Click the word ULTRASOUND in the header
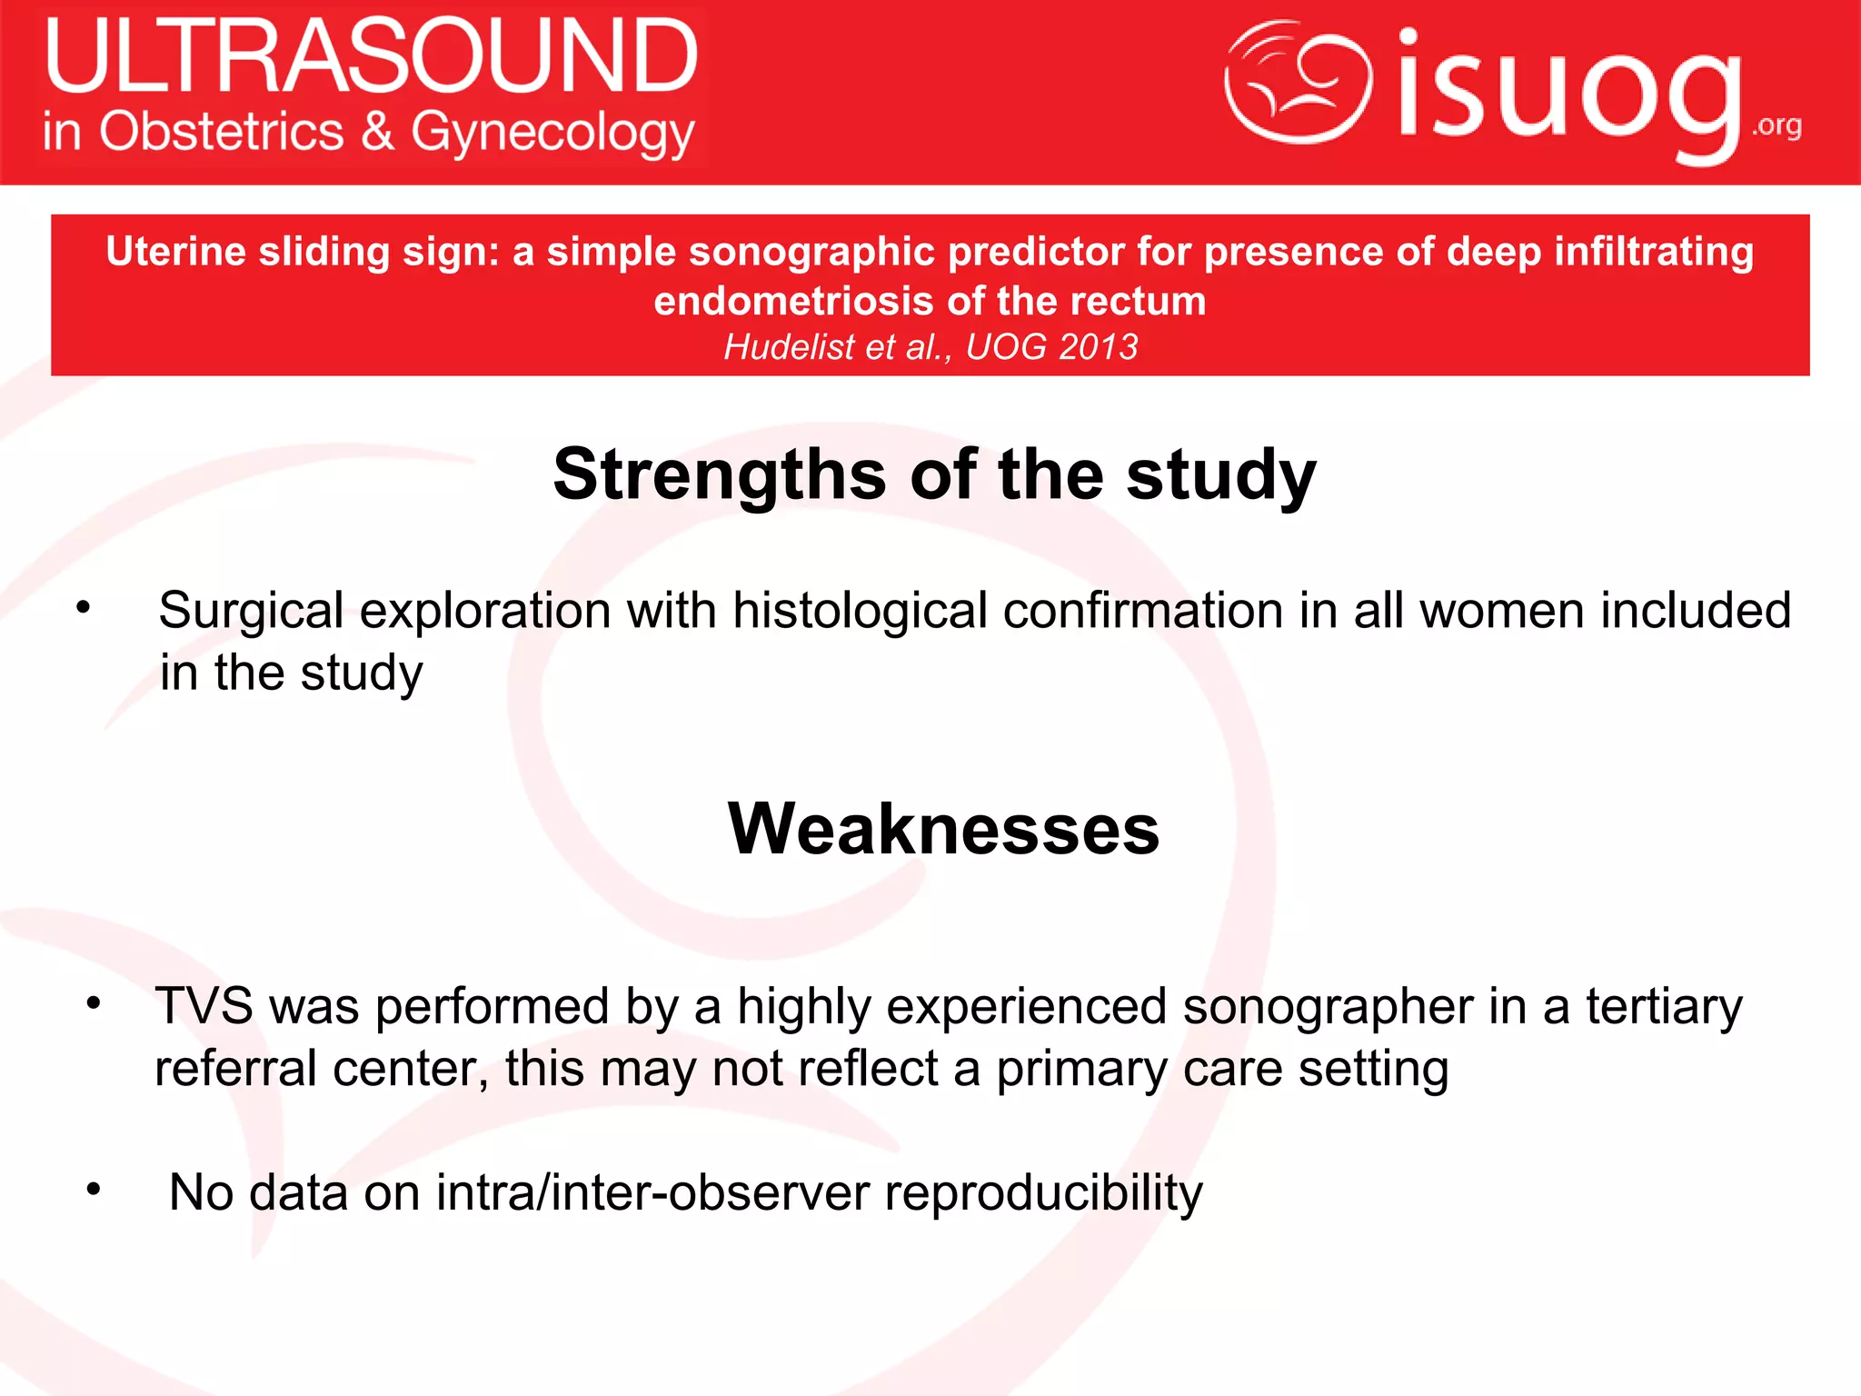click(371, 56)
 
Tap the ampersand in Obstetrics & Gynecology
click(378, 131)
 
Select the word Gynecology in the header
click(552, 134)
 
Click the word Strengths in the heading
click(719, 474)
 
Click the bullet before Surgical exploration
click(84, 608)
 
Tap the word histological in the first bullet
click(859, 610)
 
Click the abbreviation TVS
click(204, 1006)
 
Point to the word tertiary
click(1663, 1008)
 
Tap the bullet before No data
click(93, 1189)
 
